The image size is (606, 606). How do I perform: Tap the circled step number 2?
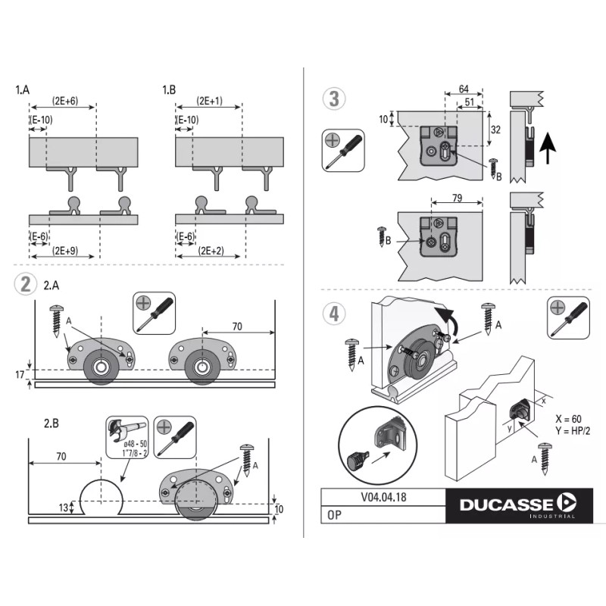(25, 284)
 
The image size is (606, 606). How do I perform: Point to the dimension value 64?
(464, 89)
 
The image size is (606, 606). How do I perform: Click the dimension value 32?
(496, 130)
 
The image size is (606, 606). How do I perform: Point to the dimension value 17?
(20, 374)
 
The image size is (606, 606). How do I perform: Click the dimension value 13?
(62, 508)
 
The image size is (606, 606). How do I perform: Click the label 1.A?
(23, 89)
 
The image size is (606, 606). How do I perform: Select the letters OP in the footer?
(334, 514)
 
